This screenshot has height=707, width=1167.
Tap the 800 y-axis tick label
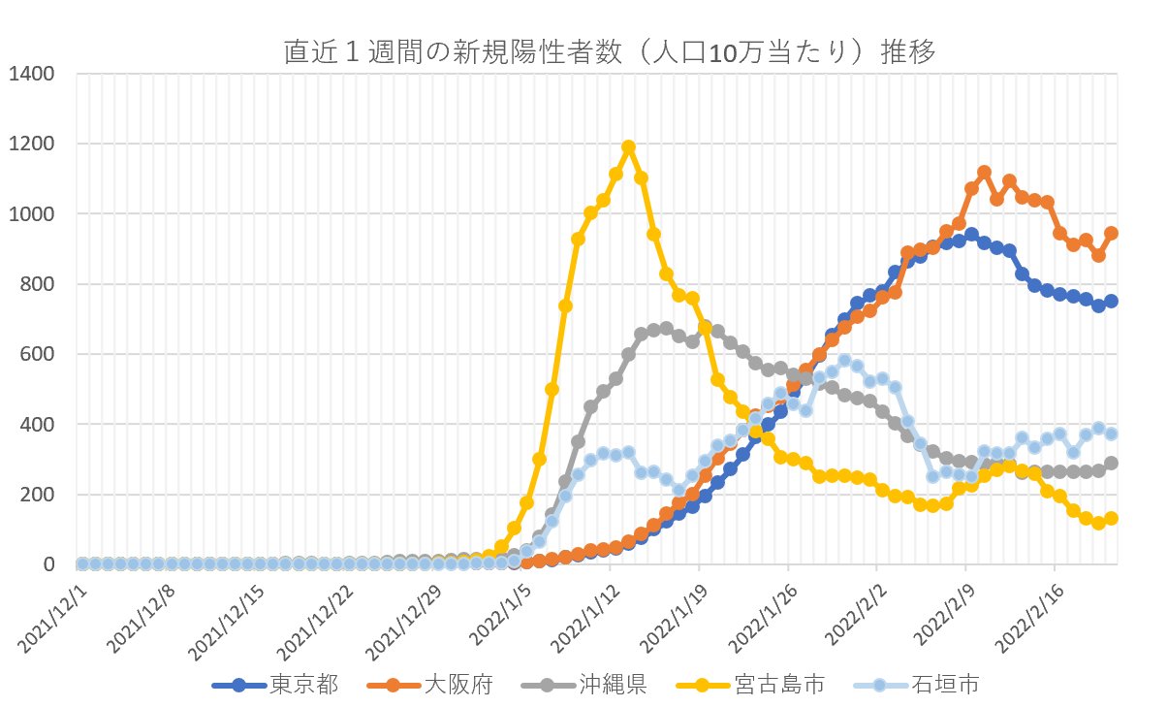(x=38, y=284)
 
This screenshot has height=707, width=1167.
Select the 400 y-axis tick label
(x=38, y=425)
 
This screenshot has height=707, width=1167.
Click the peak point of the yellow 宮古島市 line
(x=628, y=146)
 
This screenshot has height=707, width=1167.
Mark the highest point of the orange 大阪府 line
(x=984, y=172)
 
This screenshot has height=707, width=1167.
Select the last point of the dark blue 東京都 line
(x=1111, y=301)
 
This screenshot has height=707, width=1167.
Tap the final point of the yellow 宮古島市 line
(x=1111, y=518)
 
